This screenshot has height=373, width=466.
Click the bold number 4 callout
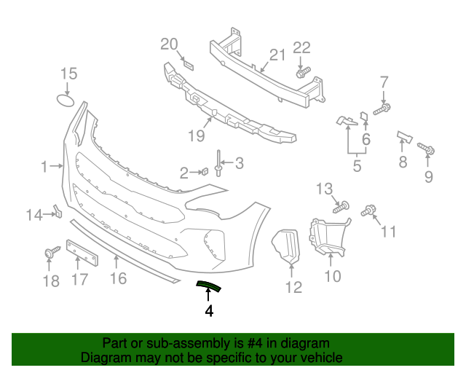pos(209,311)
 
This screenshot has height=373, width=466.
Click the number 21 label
pos(278,55)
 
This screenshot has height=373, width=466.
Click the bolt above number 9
pos(427,149)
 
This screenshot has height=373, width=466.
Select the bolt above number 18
pos(51,253)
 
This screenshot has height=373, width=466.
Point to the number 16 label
pos(118,278)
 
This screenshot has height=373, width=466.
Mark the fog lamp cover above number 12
pos(286,247)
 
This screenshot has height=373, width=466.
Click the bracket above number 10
pos(328,237)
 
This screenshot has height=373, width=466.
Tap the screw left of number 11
pos(369,211)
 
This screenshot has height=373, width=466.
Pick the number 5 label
pos(357,166)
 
